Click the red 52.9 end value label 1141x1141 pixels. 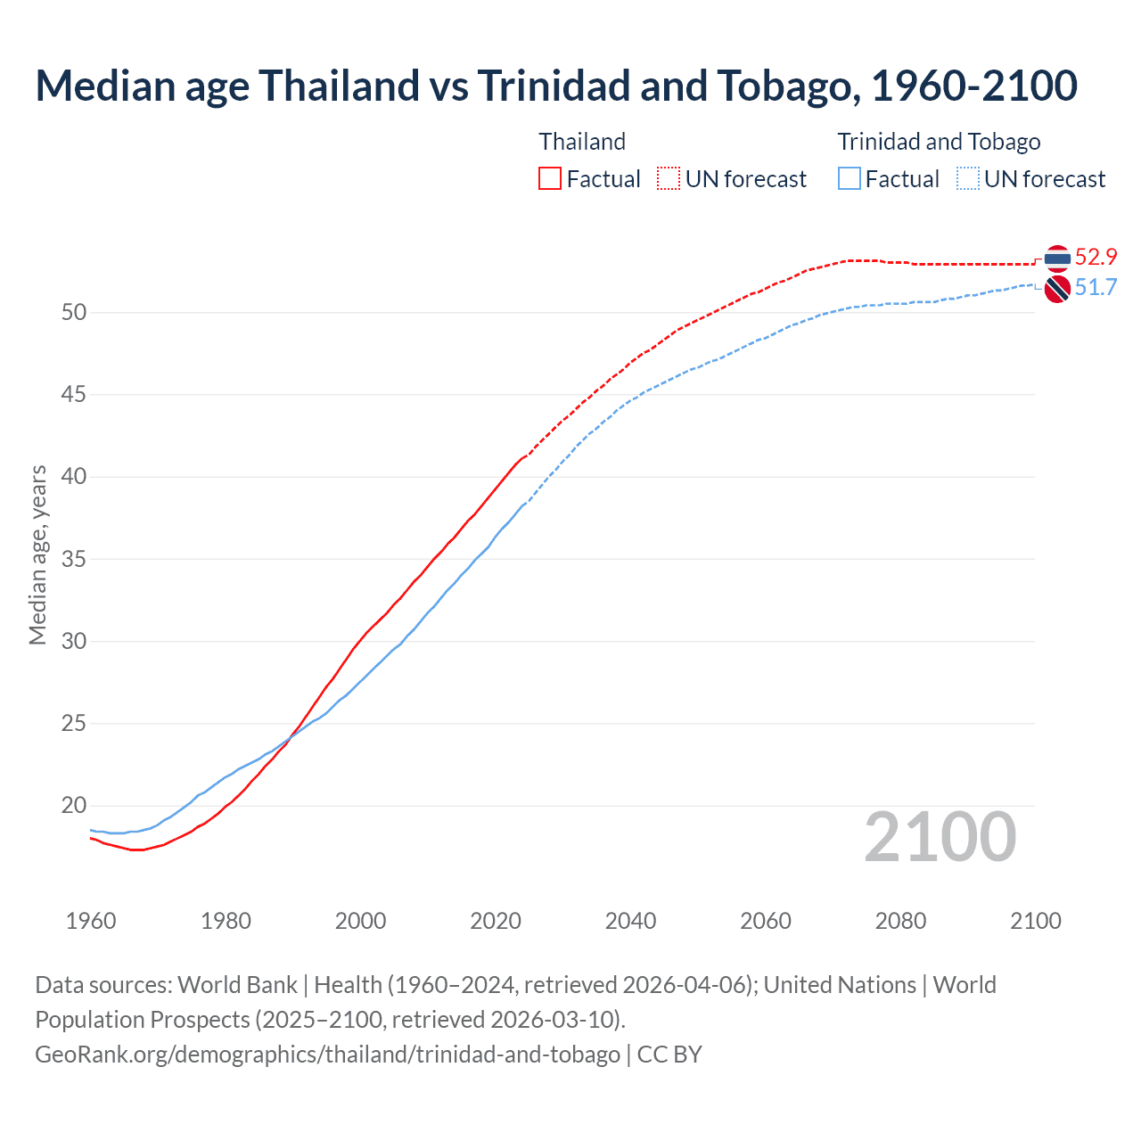tap(1096, 258)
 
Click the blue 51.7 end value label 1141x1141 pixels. tap(1096, 287)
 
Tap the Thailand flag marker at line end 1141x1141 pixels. tap(1057, 259)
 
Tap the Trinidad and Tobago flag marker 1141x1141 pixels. tap(1057, 289)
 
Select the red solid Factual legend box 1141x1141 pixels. tap(550, 179)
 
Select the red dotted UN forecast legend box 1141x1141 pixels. tap(669, 179)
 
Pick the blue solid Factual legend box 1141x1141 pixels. tap(850, 179)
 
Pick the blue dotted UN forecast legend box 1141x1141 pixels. tap(968, 179)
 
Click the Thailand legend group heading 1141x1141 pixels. tap(582, 142)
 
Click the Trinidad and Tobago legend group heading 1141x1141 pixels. tap(939, 142)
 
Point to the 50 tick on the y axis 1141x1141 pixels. tap(74, 312)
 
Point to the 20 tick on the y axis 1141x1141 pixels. tap(74, 806)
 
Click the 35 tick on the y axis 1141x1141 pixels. tap(74, 559)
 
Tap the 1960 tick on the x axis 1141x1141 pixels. tap(91, 921)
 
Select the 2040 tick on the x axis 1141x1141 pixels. tap(630, 921)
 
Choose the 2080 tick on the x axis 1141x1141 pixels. tap(900, 921)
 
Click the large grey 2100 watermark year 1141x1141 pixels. tap(940, 837)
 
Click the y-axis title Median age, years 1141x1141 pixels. tap(37, 554)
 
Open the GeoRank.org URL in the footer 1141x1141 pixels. tap(327, 1055)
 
